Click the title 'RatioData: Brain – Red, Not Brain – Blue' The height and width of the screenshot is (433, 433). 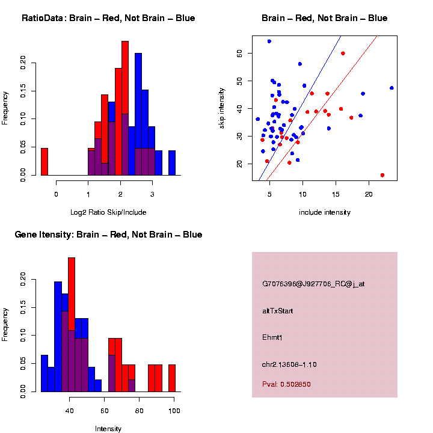coord(108,18)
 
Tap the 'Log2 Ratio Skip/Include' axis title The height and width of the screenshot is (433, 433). coord(108,212)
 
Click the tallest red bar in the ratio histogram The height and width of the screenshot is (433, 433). coord(125,108)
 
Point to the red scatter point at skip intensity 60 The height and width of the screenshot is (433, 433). coord(343,54)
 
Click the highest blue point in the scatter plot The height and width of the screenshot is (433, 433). coord(269,41)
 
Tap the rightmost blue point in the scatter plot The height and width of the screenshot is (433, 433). coord(392,88)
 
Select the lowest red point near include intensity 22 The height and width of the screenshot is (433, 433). coord(382,175)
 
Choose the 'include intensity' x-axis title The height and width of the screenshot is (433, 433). coord(325,212)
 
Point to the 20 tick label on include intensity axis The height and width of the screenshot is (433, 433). coord(369,194)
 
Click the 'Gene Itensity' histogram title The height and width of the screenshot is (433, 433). coord(108,235)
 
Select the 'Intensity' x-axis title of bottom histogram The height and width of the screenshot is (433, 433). coord(108,429)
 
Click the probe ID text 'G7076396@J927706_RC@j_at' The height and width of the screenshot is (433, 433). coord(313,284)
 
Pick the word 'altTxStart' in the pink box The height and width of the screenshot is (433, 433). coord(277,311)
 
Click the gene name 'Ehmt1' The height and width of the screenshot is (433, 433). coord(272,337)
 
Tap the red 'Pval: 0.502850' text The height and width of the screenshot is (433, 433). coord(286,384)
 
